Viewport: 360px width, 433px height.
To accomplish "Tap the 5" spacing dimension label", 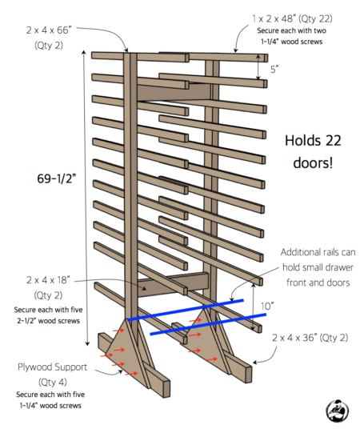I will (x=274, y=70).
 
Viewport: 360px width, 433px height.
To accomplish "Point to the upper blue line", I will (x=184, y=310).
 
